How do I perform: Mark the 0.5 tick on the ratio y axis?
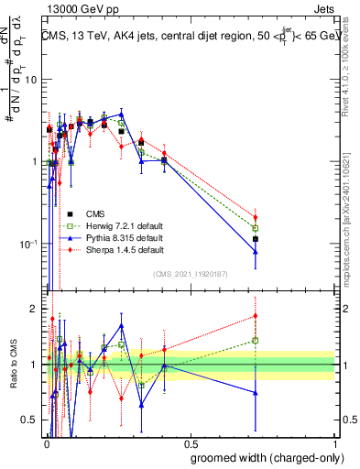30,420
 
